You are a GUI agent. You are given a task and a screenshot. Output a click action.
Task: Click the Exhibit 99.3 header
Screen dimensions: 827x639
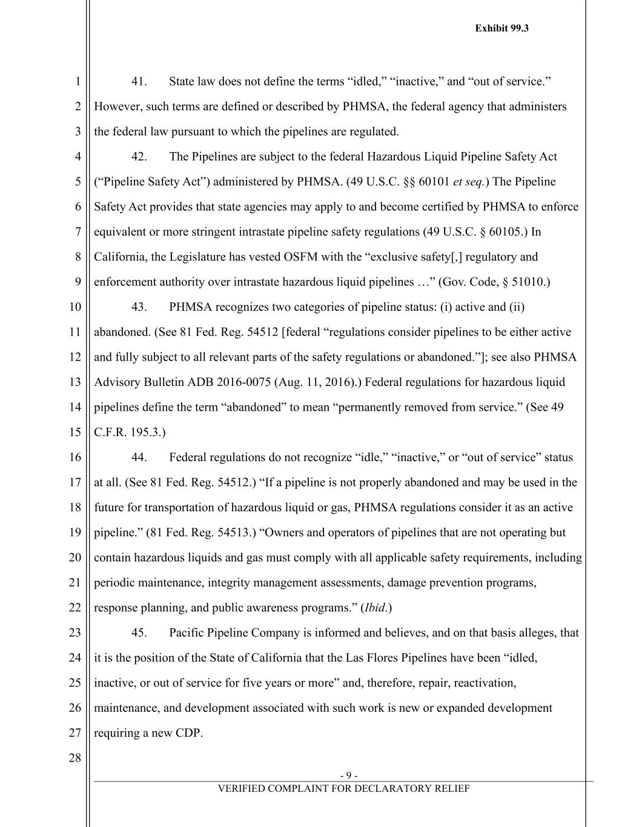502,28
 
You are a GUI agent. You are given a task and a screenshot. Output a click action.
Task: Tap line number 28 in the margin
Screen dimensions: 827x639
74,757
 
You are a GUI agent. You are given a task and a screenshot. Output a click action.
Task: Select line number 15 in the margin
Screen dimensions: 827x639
74,432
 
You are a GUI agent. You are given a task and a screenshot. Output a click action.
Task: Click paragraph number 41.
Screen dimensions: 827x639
139,82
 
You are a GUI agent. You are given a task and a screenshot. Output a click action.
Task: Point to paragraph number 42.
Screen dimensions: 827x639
139,157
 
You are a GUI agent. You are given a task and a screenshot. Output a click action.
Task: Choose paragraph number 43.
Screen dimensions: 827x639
139,307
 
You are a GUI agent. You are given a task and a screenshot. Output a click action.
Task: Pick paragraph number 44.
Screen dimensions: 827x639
139,457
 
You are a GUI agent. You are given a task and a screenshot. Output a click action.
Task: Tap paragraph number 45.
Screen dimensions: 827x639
139,633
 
